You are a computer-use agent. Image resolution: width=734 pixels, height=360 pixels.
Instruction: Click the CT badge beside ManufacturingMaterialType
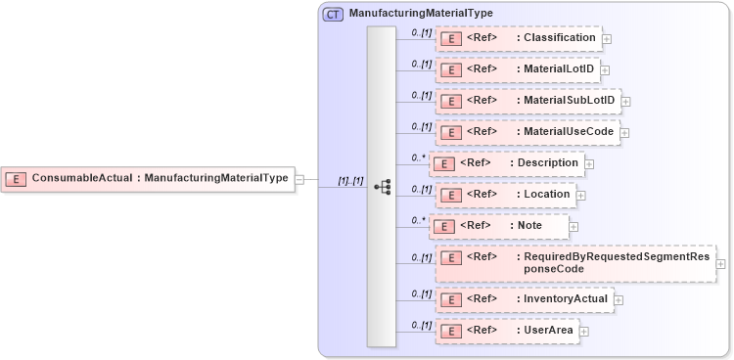point(333,14)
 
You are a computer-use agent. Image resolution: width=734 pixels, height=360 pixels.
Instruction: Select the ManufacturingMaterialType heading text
point(421,14)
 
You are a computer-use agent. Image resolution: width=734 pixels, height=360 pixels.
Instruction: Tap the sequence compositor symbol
point(382,186)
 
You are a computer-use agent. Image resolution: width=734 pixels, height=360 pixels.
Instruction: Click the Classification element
point(518,38)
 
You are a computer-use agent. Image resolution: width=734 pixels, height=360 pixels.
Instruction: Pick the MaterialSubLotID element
point(527,101)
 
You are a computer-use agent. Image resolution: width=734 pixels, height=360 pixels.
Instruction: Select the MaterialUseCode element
point(527,132)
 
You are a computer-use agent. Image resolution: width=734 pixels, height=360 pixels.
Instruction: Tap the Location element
point(505,195)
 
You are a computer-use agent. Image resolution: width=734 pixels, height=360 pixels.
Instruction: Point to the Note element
point(499,226)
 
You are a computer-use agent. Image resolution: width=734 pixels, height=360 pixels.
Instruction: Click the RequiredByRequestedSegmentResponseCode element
point(575,262)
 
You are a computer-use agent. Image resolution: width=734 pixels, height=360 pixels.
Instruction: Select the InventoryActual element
point(524,299)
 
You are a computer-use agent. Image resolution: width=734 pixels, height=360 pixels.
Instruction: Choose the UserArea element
point(506,331)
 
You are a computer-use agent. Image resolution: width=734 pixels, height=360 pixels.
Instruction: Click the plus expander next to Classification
point(608,39)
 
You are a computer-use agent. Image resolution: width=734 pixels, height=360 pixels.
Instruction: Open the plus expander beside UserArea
point(584,332)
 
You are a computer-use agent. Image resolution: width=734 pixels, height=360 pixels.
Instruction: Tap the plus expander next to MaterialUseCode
point(624,133)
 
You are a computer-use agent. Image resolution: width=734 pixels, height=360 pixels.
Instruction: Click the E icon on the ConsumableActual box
point(16,178)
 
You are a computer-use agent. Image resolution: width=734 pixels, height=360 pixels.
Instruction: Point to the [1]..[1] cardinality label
point(350,181)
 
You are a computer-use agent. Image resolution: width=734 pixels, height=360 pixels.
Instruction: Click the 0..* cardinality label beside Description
point(419,157)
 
